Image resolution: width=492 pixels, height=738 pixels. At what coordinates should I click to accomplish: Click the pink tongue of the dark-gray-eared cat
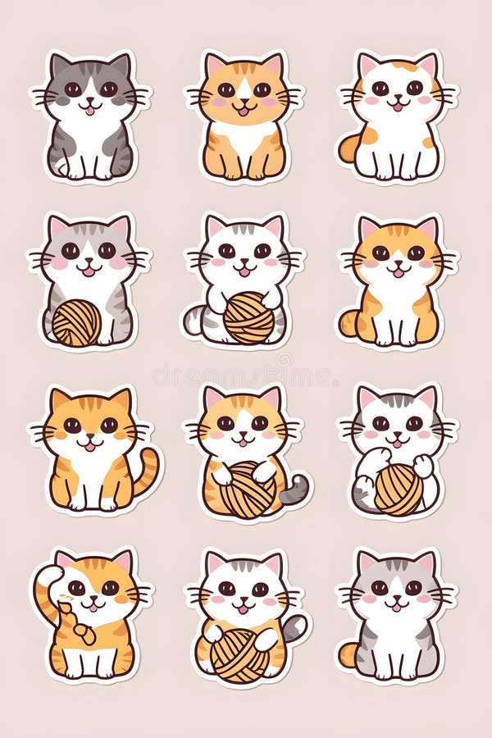89,109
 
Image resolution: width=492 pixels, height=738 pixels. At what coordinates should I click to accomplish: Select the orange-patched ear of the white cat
425,66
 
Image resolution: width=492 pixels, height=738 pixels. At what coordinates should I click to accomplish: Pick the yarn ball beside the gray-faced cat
76,322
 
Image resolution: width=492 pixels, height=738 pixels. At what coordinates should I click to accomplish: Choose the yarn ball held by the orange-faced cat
246,490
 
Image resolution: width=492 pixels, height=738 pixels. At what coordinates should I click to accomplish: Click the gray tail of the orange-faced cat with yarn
294,489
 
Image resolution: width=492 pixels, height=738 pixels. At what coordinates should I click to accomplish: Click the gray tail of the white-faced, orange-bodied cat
294,628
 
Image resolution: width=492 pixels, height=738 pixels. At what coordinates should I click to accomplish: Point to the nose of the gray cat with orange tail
397,597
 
